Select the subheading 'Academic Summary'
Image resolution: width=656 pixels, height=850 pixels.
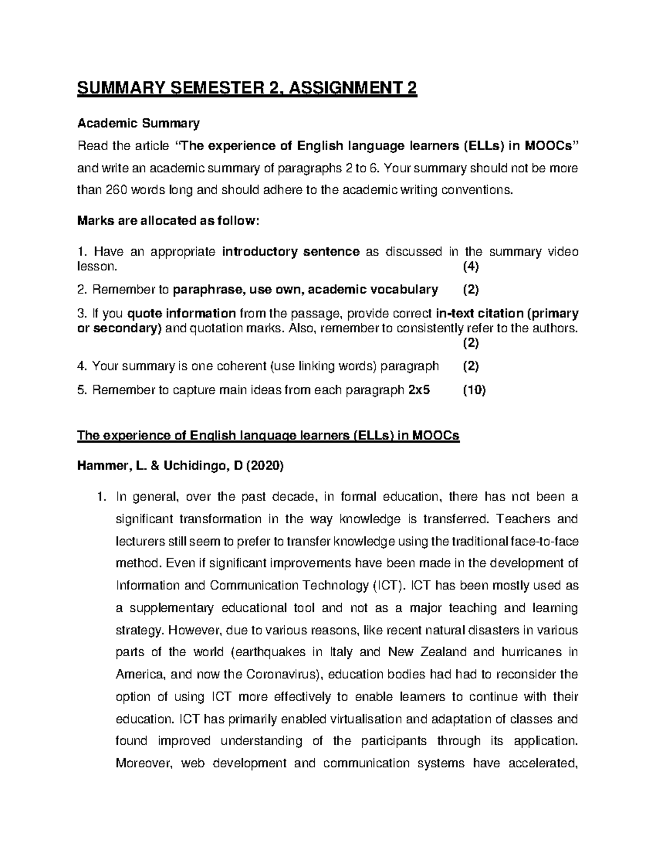pyautogui.click(x=138, y=123)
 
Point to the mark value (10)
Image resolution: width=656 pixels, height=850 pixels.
pyautogui.click(x=474, y=390)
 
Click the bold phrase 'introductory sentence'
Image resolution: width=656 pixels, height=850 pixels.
pyautogui.click(x=291, y=252)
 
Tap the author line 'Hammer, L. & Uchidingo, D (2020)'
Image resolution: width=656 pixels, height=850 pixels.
pyautogui.click(x=180, y=466)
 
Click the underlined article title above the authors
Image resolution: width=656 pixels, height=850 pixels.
pyautogui.click(x=268, y=436)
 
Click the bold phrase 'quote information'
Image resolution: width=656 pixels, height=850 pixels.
pyautogui.click(x=181, y=314)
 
